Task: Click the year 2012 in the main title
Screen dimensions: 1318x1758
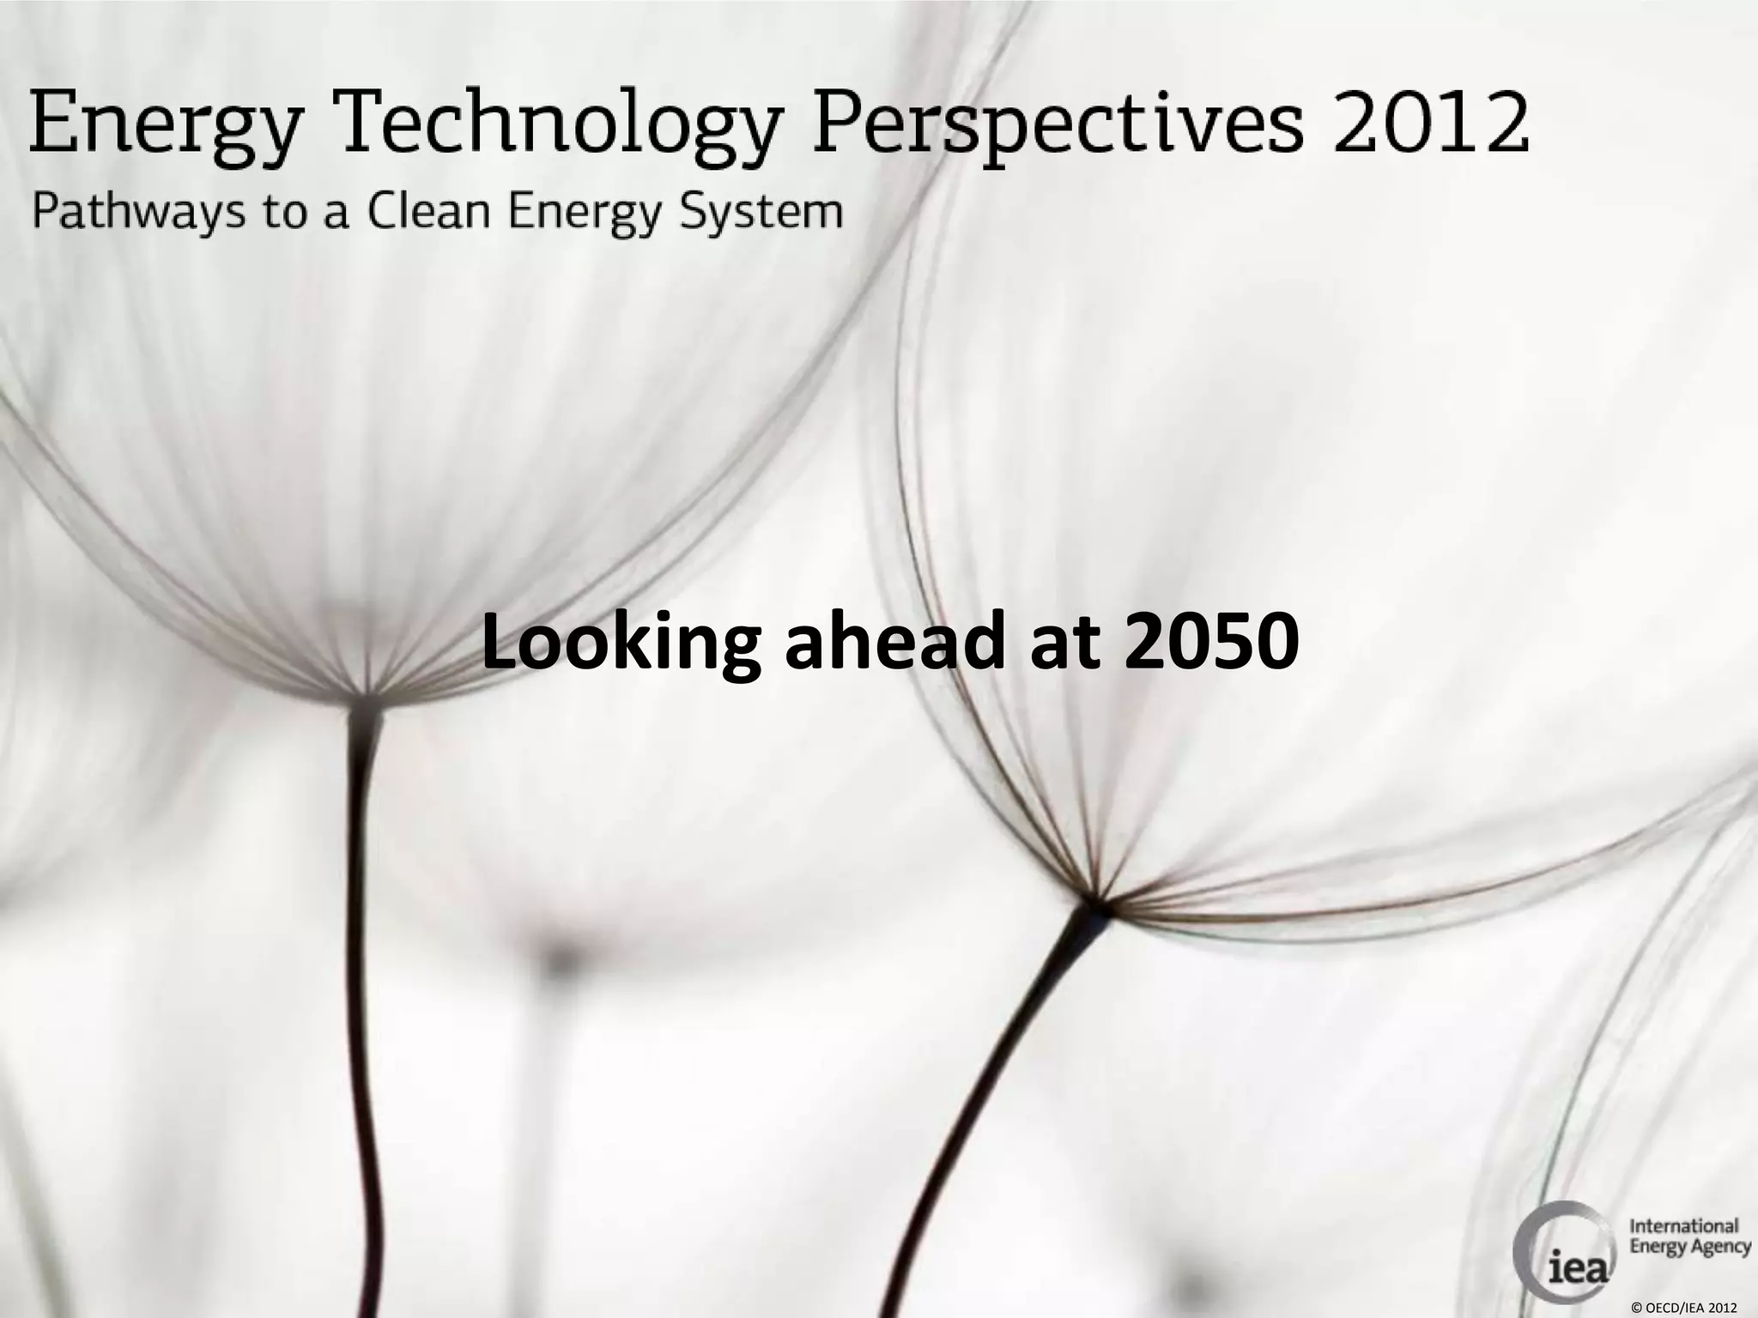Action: (1432, 122)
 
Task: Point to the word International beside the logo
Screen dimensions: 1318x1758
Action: (1683, 1225)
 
